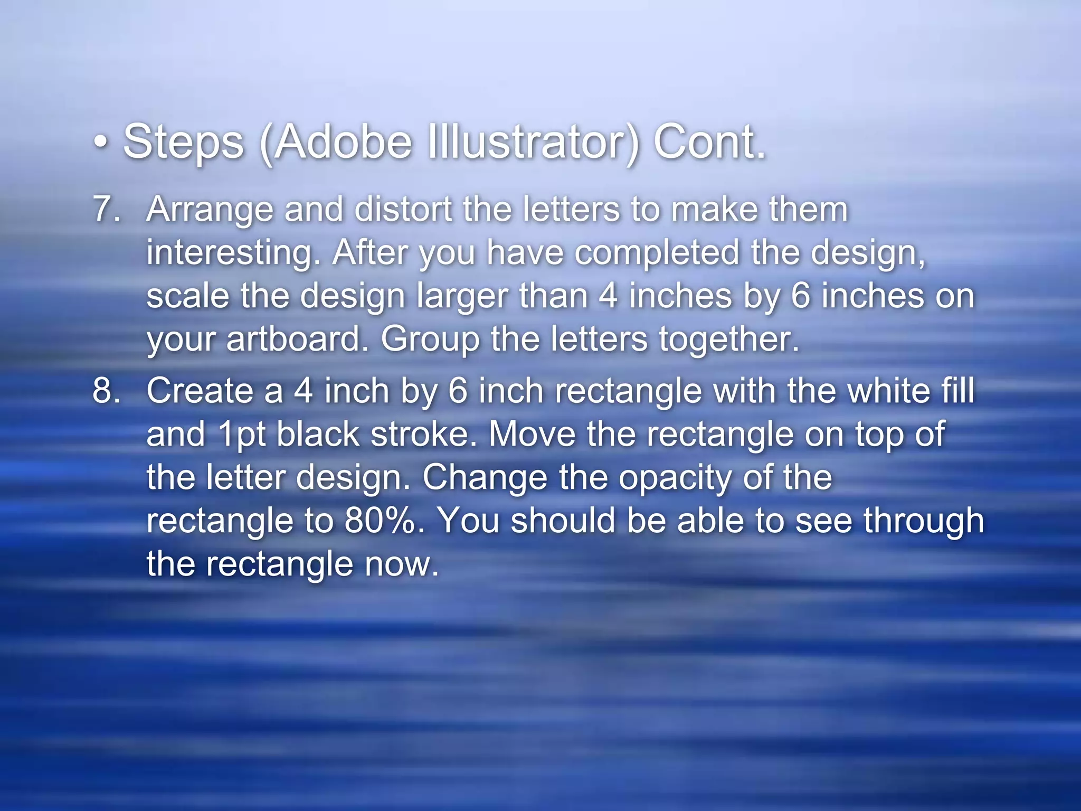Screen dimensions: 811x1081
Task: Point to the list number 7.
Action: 106,209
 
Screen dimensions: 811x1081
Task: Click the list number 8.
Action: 106,391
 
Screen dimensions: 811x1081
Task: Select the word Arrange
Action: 210,210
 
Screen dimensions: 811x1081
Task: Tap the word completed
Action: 656,253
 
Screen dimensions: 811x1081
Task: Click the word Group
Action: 430,340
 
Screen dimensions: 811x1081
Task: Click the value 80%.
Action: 384,521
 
